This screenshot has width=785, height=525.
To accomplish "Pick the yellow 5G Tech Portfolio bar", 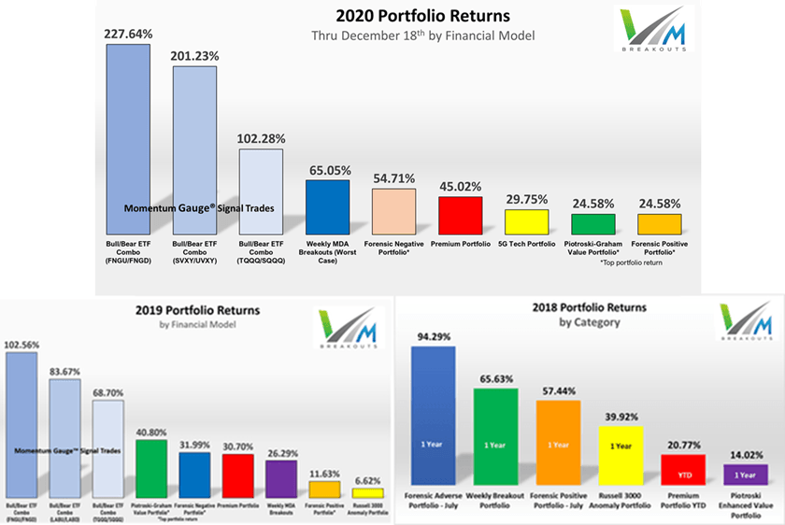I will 526,221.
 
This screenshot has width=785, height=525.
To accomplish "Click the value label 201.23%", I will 194,56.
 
